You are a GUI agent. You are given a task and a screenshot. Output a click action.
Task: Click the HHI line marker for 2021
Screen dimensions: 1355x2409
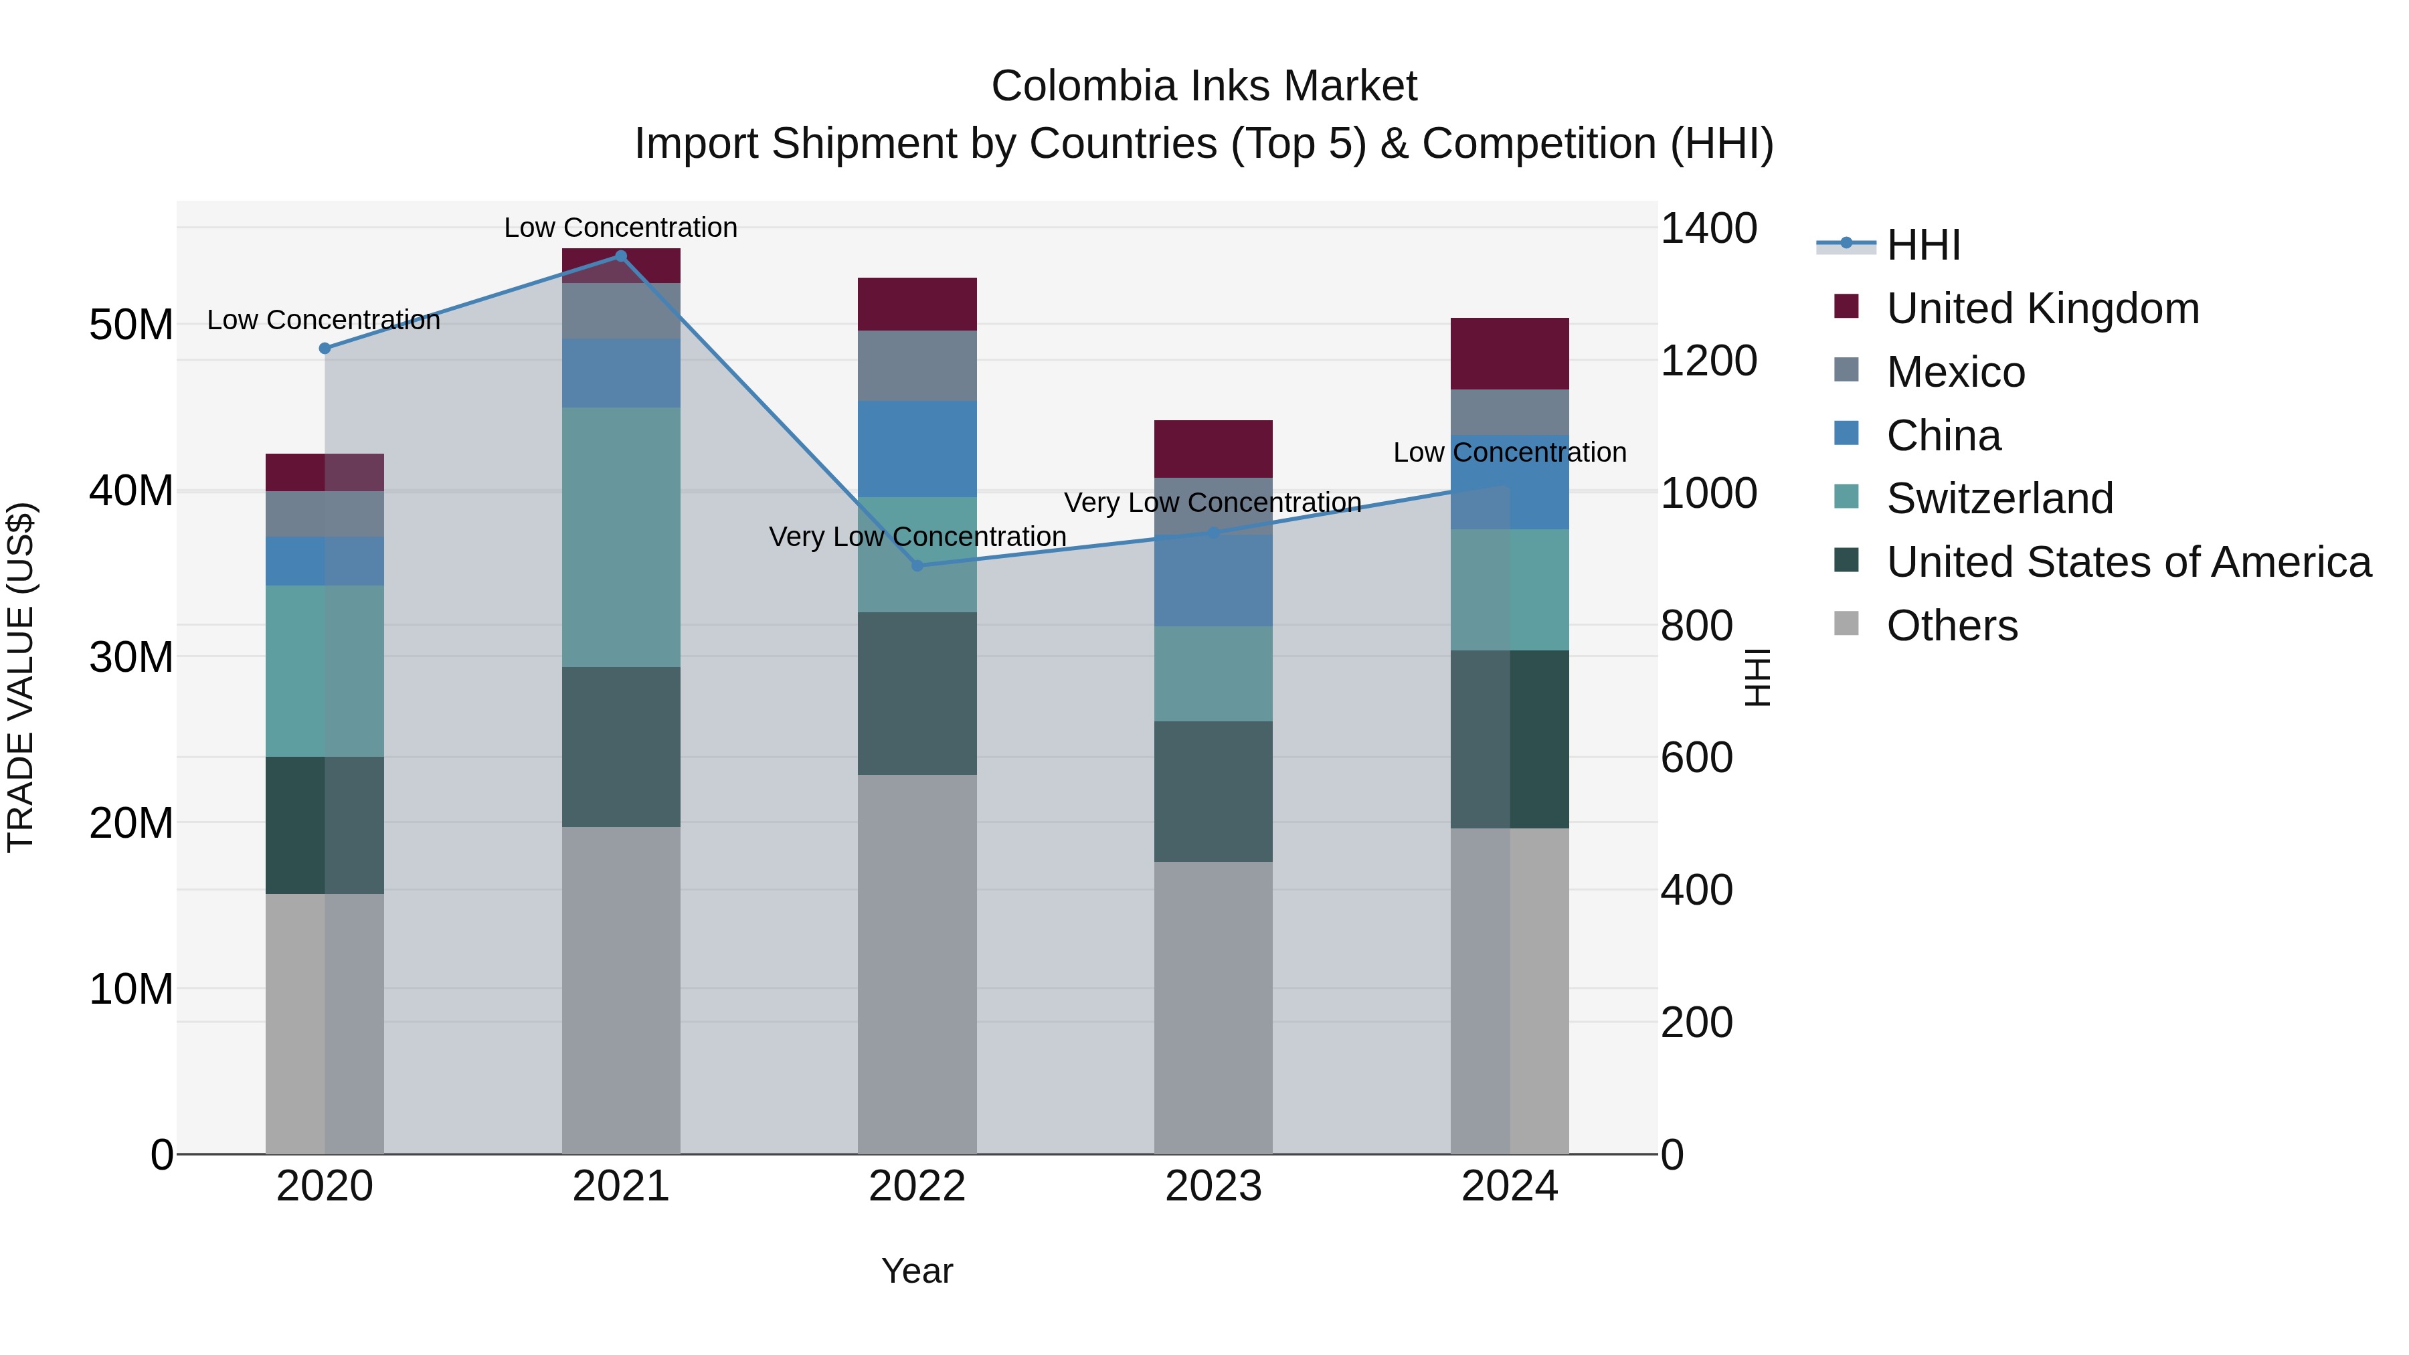click(x=620, y=256)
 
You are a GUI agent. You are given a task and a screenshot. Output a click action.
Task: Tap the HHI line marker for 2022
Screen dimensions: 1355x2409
click(x=917, y=565)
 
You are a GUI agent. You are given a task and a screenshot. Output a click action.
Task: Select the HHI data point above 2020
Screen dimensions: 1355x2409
click(x=325, y=348)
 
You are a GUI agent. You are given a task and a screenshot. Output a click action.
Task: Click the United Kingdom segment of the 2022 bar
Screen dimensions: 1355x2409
click(x=917, y=304)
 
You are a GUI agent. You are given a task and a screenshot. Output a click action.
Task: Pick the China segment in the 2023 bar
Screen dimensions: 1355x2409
click(x=1213, y=579)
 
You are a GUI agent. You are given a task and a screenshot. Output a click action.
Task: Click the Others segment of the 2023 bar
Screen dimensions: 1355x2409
click(x=1213, y=1006)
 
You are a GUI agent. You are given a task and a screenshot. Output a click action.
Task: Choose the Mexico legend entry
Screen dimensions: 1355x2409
click(x=1955, y=372)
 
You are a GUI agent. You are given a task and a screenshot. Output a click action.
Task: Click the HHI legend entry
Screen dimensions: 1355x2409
click(x=1922, y=245)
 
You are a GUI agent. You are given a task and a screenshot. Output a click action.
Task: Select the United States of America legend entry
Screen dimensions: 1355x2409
click(x=2127, y=562)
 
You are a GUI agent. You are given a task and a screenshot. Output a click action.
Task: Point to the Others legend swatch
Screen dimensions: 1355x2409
click(x=1846, y=623)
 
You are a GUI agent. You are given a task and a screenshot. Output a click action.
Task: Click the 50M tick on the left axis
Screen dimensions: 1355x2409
click(x=131, y=325)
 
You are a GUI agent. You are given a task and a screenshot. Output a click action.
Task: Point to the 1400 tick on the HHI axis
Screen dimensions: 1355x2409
click(x=1708, y=228)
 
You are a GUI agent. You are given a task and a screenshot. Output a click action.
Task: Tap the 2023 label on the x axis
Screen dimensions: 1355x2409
click(x=1213, y=1186)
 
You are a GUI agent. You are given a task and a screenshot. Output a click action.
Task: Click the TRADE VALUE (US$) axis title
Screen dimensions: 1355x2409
click(x=21, y=677)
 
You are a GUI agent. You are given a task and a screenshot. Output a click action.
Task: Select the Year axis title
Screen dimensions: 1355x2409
click(x=917, y=1271)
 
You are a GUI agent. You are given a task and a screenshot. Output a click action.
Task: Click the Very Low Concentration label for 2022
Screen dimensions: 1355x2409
click(x=917, y=537)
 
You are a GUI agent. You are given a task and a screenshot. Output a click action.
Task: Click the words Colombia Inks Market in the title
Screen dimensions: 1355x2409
click(x=1204, y=86)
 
